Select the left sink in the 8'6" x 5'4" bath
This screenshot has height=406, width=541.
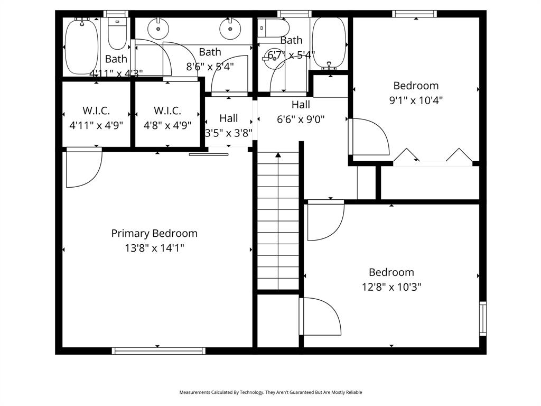tap(157, 29)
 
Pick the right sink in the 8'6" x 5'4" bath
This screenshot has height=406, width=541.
tap(229, 29)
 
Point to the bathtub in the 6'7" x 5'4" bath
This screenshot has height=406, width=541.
tap(329, 42)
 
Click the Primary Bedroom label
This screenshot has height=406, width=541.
tap(154, 233)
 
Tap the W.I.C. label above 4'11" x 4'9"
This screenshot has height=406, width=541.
tap(96, 110)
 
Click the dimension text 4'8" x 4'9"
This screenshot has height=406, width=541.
tap(167, 125)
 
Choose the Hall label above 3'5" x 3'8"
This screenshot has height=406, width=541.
tap(229, 118)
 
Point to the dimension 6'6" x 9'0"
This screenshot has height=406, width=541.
tap(301, 119)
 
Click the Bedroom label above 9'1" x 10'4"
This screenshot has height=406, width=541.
tap(416, 86)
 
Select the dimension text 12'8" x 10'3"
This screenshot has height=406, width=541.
tap(391, 287)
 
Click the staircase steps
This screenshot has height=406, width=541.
tap(278, 222)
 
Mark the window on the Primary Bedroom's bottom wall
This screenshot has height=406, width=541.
tap(158, 350)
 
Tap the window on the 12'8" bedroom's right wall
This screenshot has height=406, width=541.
tap(482, 318)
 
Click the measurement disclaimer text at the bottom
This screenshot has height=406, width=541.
tap(270, 392)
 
